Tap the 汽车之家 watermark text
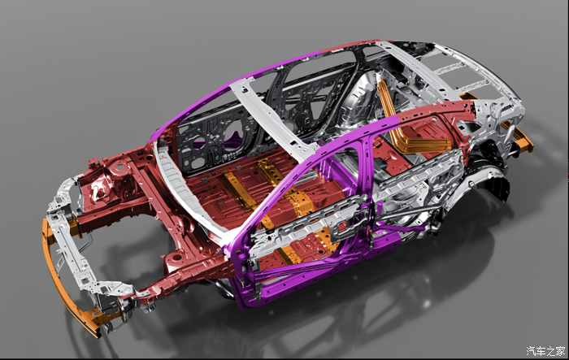(x=545, y=351)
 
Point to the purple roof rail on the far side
(x=232, y=84)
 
